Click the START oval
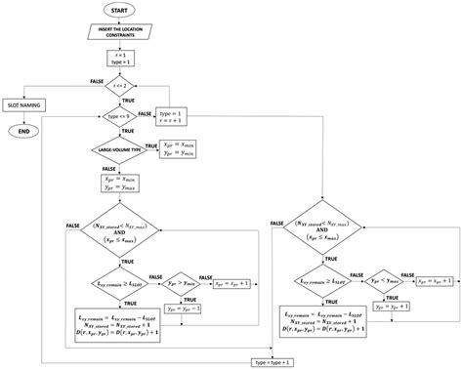pos(119,10)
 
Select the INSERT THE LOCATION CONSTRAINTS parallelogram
pos(119,35)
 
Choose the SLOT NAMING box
pos(30,103)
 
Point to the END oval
pos(30,131)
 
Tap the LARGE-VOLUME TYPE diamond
pos(119,148)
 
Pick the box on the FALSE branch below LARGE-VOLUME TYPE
pos(119,185)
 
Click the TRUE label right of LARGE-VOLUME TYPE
pos(150,143)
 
